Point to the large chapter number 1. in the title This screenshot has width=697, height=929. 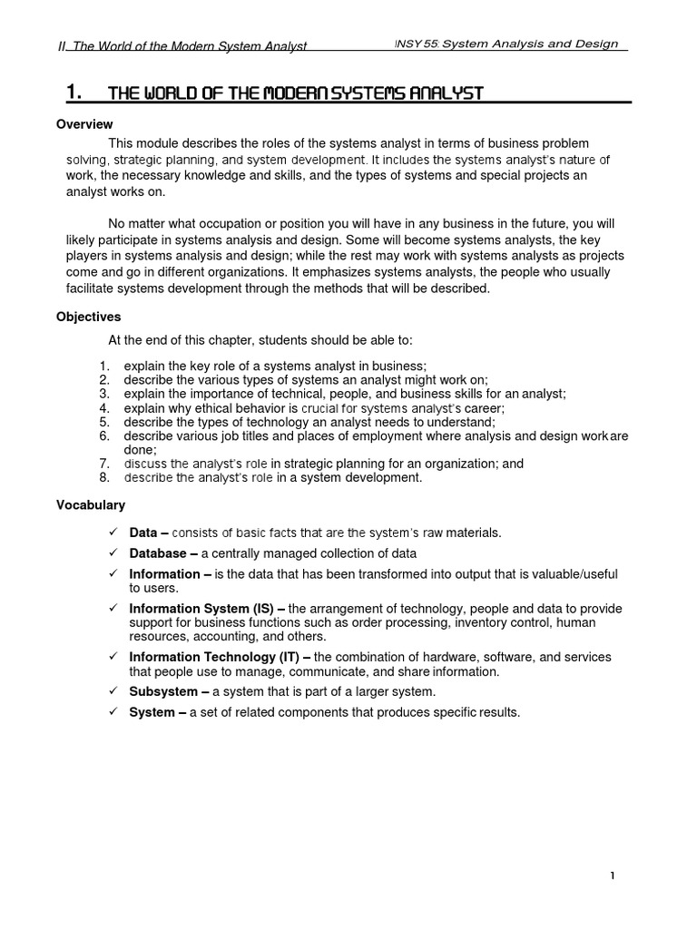tap(75, 92)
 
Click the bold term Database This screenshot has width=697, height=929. tap(159, 553)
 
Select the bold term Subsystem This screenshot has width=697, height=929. tap(163, 691)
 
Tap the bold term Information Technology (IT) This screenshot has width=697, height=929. tap(214, 657)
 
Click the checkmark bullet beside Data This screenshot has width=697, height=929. tap(113, 533)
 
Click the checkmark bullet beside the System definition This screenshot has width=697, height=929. tap(113, 712)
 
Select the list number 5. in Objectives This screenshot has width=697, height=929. tap(103, 422)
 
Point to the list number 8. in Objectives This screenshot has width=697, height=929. tap(103, 477)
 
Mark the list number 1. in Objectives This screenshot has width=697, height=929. tap(103, 366)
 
